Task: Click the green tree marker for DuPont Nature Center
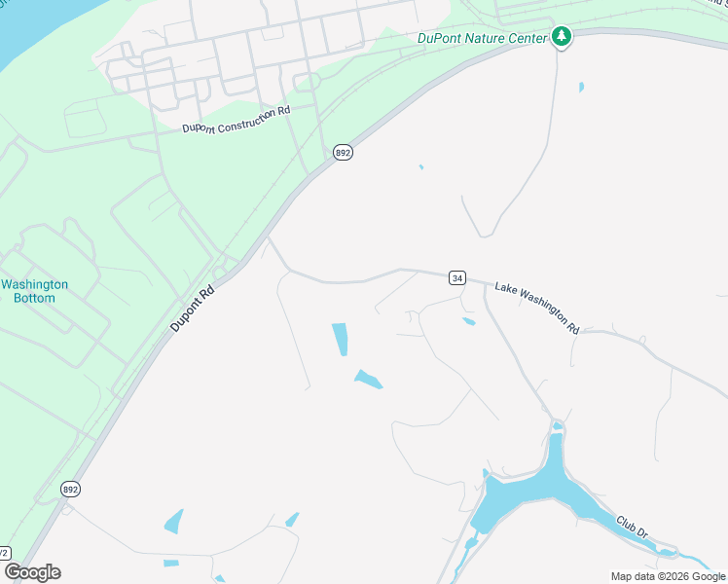(561, 37)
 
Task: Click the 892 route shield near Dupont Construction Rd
(342, 153)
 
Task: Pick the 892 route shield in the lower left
(70, 489)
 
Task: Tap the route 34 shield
(456, 277)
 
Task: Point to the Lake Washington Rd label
(537, 308)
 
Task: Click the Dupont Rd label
(192, 309)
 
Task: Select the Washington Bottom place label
(35, 291)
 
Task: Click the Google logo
(32, 571)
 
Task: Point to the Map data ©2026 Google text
(668, 576)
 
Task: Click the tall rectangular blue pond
(340, 339)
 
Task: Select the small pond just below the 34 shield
(468, 321)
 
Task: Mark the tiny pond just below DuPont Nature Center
(581, 87)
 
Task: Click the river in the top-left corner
(24, 29)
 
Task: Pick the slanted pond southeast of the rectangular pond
(368, 379)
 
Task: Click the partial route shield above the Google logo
(4, 552)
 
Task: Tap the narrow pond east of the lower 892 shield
(174, 521)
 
